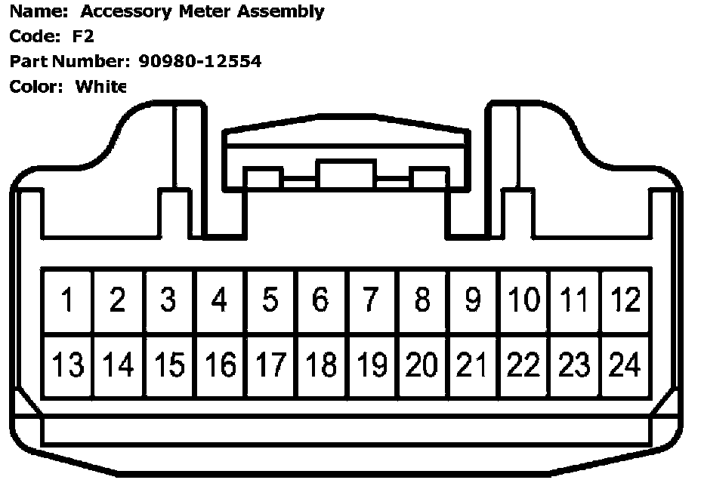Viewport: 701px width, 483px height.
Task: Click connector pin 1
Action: tap(67, 301)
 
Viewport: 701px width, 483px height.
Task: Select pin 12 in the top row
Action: tap(625, 301)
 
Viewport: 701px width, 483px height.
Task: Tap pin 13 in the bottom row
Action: tap(67, 366)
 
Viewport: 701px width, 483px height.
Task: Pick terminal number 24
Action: tap(625, 366)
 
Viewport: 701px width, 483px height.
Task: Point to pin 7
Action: tap(371, 301)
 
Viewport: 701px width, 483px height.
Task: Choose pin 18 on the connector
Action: tap(320, 366)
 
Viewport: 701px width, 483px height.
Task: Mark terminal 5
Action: tap(270, 301)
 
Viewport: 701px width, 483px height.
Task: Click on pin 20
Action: tap(422, 366)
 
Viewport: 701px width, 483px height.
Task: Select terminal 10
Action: tap(523, 301)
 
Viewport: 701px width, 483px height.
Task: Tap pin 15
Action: tap(168, 366)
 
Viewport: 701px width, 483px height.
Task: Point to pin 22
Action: tap(523, 366)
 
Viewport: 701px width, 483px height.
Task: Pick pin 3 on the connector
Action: tap(168, 301)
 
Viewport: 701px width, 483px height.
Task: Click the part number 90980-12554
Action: tap(200, 61)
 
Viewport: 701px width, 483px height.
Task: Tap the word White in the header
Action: tap(100, 86)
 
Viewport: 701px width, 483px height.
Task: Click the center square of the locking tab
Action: tap(346, 174)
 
